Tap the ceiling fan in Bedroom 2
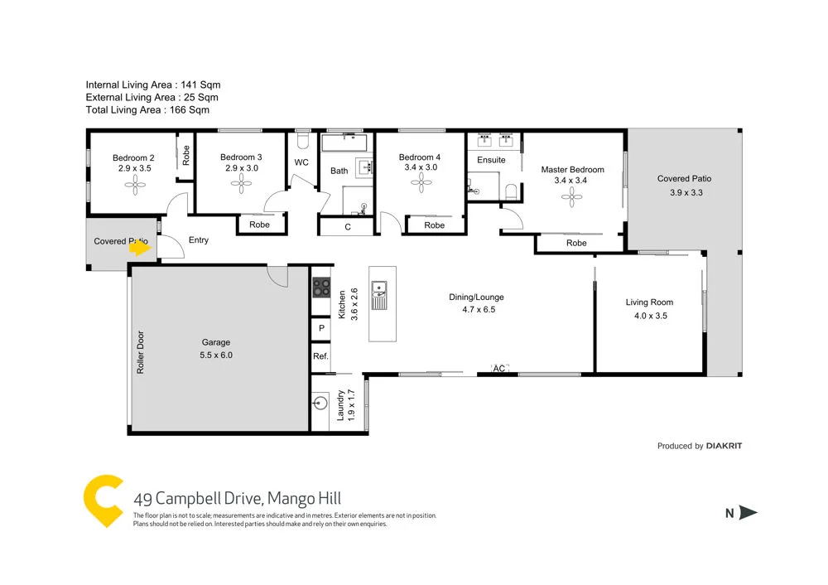point(134,187)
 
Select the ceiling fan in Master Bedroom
point(571,197)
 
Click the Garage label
point(216,342)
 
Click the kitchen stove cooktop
point(320,288)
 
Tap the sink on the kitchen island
point(381,290)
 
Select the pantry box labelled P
point(320,328)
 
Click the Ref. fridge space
point(320,356)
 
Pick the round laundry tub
point(321,404)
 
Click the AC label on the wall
point(499,368)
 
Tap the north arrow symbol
point(748,513)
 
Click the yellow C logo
point(103,500)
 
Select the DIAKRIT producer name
point(724,446)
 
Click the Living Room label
point(649,302)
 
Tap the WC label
point(301,162)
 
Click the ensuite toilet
point(510,193)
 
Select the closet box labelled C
point(348,226)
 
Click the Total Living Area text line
point(147,109)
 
